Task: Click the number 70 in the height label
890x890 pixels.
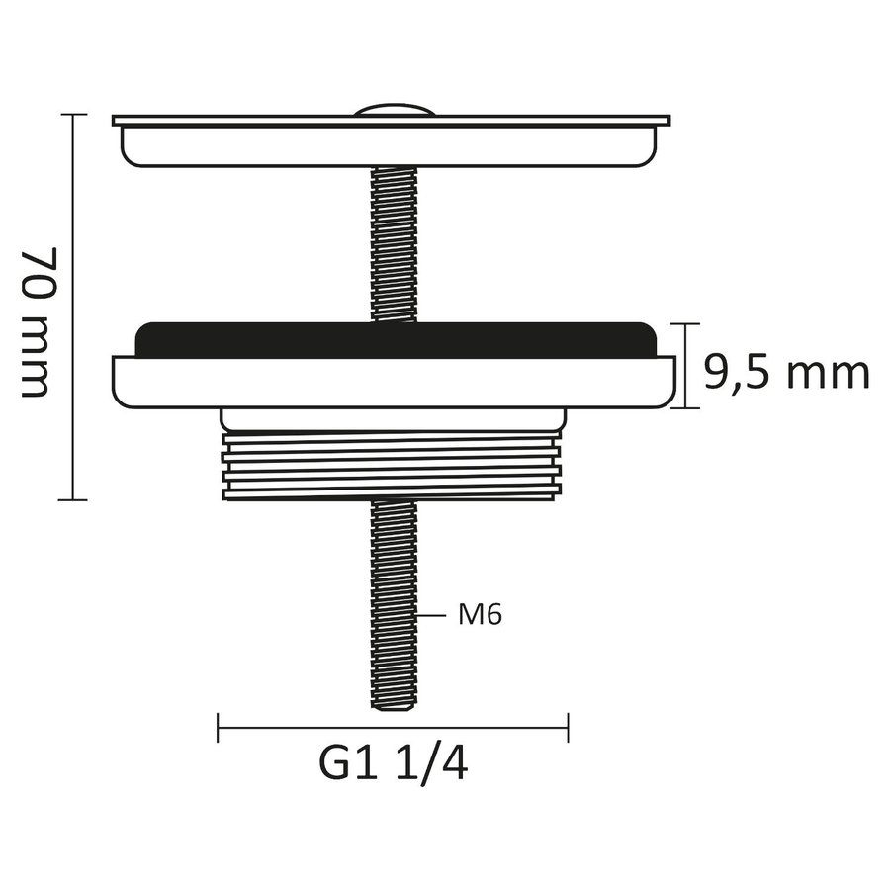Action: (x=37, y=271)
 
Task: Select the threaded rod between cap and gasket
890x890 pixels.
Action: (x=395, y=242)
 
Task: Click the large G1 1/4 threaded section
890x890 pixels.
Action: (x=393, y=465)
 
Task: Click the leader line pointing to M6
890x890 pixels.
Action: (x=433, y=615)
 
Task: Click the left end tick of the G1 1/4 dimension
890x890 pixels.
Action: (x=218, y=729)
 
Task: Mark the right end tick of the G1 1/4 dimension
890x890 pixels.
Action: (x=568, y=729)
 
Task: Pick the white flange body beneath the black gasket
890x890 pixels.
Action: (x=394, y=382)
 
